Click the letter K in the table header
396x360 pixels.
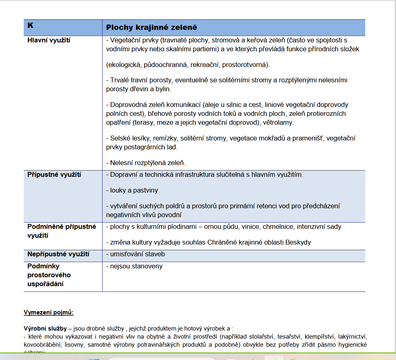tap(30, 25)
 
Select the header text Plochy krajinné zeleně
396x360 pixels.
tap(151, 27)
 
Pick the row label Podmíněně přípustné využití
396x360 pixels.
tap(61, 231)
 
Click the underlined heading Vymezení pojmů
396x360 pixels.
tap(49, 312)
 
